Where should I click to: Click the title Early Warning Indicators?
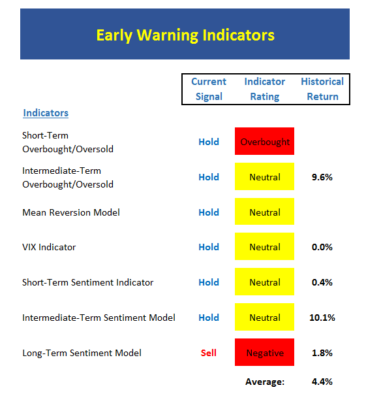(x=185, y=35)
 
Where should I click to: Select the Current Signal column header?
(x=209, y=89)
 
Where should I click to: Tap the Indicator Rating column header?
(x=265, y=89)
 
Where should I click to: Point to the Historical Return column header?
(x=322, y=89)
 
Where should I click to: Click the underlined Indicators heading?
(x=46, y=113)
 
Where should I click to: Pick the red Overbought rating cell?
(x=264, y=141)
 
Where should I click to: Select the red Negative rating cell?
(x=264, y=352)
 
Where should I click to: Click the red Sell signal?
(x=209, y=353)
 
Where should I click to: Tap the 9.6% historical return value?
(x=322, y=177)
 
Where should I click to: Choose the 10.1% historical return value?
(x=322, y=318)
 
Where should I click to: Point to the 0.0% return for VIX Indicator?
(x=322, y=247)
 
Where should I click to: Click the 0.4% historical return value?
(x=322, y=282)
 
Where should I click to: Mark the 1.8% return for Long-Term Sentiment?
(x=322, y=353)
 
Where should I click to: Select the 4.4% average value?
(x=322, y=382)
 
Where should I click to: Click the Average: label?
(x=265, y=382)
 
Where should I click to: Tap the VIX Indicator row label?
(x=49, y=247)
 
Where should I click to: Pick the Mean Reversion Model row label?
(x=71, y=212)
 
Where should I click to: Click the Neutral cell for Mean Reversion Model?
(x=264, y=211)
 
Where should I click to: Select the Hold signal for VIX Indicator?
(x=209, y=247)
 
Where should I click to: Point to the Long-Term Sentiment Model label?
(x=82, y=353)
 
